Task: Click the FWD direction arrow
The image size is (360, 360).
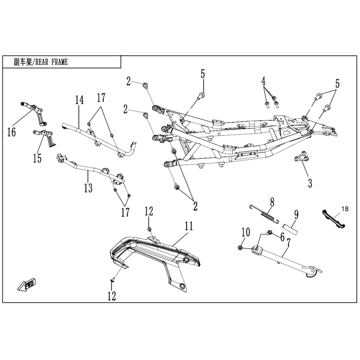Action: click(x=27, y=285)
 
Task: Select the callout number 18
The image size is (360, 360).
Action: click(x=345, y=209)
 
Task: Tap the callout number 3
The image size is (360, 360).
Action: click(x=310, y=183)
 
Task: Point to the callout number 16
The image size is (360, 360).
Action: click(x=11, y=132)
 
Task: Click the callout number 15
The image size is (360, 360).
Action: click(x=37, y=158)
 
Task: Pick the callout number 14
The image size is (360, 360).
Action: click(x=79, y=100)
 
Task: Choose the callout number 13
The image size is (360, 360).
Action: click(x=88, y=188)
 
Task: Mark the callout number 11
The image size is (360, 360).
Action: click(x=189, y=226)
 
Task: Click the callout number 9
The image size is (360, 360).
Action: click(x=296, y=215)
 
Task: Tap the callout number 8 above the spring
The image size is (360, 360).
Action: click(x=272, y=203)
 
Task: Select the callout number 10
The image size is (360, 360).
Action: click(x=246, y=232)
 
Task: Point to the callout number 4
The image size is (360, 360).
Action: click(x=263, y=81)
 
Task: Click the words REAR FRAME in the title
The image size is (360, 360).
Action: click(x=51, y=62)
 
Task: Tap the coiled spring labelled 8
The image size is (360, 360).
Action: click(x=264, y=214)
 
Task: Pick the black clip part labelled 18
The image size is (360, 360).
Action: click(x=333, y=219)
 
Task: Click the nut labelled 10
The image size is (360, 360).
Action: click(x=240, y=247)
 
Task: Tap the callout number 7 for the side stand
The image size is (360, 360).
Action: click(x=289, y=243)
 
